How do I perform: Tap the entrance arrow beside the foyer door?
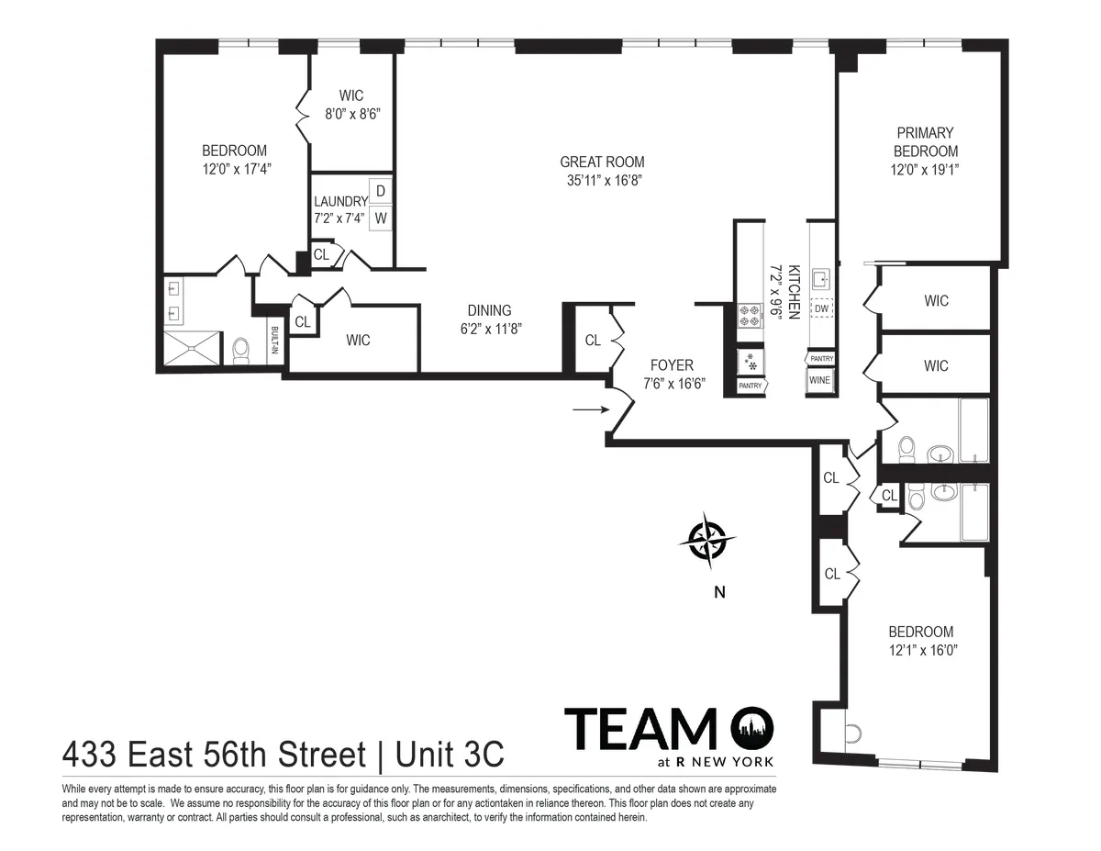(588, 409)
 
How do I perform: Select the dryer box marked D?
(381, 191)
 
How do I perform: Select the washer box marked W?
(381, 218)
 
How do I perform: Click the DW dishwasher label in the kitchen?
(821, 309)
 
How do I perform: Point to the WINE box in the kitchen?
(819, 380)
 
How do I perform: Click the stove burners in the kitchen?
(750, 316)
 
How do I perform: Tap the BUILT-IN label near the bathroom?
(274, 342)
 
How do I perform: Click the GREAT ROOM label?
(602, 162)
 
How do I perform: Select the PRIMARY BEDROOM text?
(926, 142)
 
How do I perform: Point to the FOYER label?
(672, 364)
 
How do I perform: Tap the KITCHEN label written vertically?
(795, 292)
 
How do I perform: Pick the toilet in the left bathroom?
(241, 349)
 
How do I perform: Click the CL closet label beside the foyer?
(593, 341)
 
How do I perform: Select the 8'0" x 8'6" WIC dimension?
(351, 115)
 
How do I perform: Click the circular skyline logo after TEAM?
(752, 729)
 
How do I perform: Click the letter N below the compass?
(719, 593)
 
